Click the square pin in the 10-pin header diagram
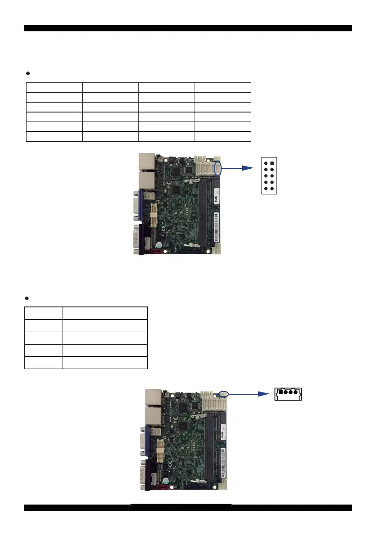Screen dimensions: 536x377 pos(272,164)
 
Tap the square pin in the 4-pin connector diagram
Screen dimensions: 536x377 pos(279,392)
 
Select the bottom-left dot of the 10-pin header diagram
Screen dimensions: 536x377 pos(266,189)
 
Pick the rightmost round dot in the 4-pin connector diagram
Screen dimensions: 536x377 pos(296,392)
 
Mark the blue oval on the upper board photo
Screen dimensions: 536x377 pos(218,169)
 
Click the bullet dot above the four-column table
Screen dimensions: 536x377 pos(28,72)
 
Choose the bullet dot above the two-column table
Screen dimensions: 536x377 pos(28,298)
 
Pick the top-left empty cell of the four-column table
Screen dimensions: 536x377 pos(54,87)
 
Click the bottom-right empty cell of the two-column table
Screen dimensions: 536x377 pos(104,363)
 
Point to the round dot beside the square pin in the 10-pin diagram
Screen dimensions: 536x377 pos(266,164)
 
